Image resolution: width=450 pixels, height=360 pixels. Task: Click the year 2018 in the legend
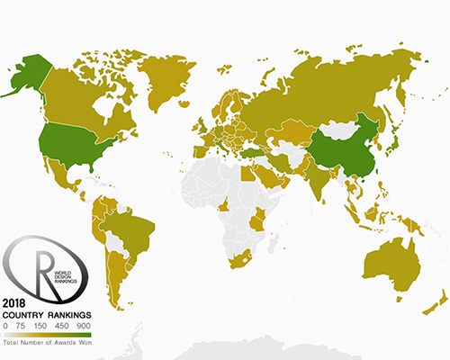pos(14,303)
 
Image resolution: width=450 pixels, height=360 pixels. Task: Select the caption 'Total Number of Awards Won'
pos(49,344)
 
